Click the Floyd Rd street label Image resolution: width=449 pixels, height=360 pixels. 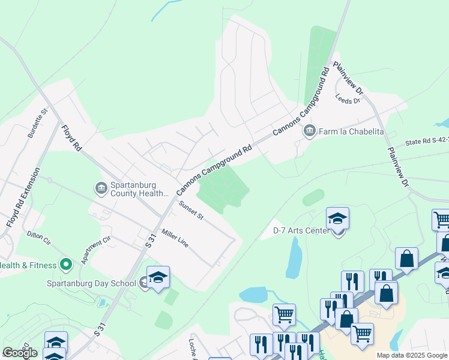(71, 137)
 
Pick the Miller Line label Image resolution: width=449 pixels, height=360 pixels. (175, 238)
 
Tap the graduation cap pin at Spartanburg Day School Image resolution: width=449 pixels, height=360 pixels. (158, 278)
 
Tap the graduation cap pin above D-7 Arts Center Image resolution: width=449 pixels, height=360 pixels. (338, 219)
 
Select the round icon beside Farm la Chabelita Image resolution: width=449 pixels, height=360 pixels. (310, 131)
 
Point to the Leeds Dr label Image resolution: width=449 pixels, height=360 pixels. (347, 99)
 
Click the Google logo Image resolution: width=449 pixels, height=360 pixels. (20, 353)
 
